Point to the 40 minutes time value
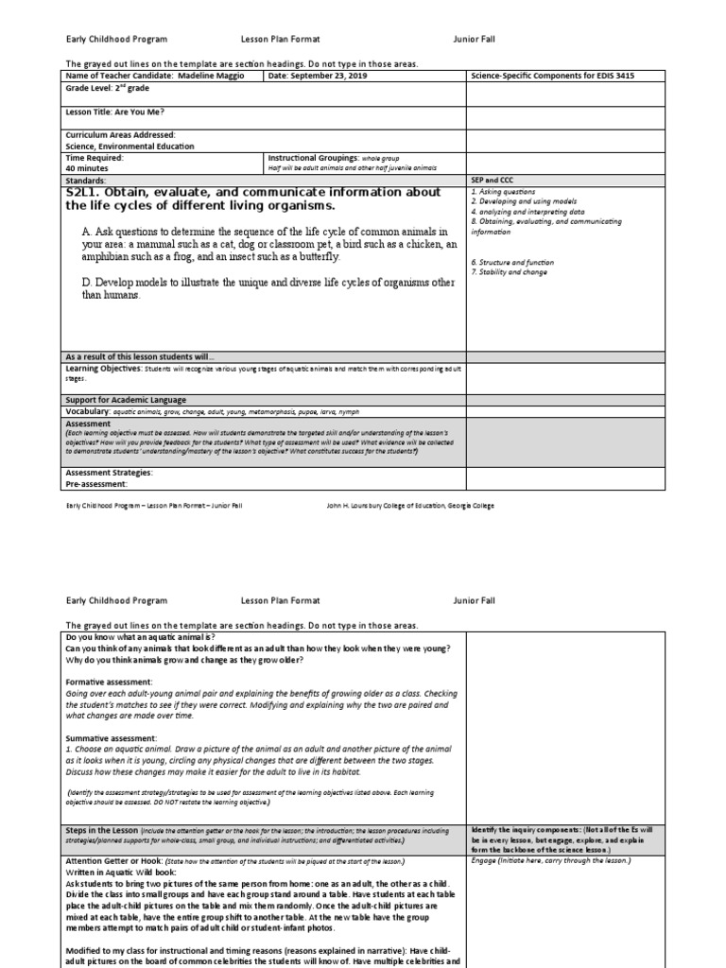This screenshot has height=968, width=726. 86,168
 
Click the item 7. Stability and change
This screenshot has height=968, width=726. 510,270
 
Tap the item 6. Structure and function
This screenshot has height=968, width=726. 512,261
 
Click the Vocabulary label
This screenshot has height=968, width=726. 88,411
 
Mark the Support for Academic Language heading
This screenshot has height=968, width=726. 126,400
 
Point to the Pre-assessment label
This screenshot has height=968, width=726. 95,484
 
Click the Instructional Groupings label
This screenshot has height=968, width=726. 313,157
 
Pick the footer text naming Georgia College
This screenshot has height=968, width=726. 410,506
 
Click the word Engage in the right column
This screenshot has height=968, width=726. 482,860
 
